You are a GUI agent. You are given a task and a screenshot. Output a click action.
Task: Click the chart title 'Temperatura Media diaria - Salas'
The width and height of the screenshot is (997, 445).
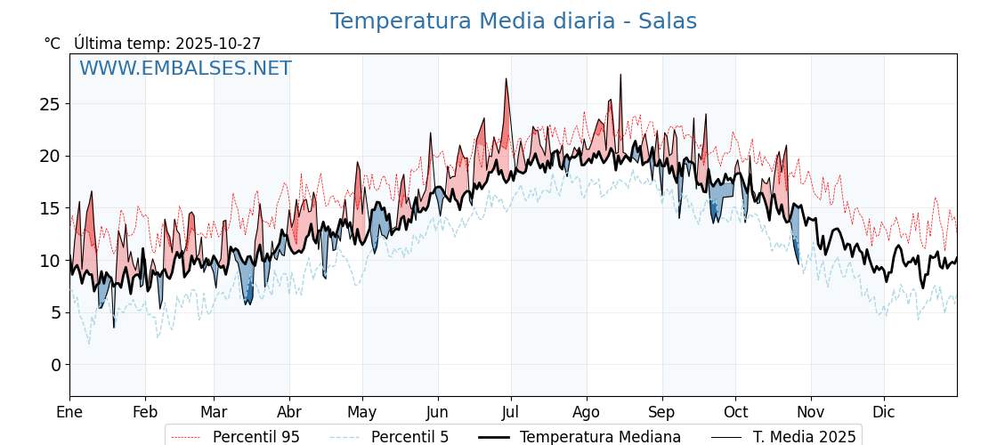(513, 21)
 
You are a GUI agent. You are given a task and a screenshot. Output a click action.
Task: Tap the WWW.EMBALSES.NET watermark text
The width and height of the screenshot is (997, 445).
(185, 69)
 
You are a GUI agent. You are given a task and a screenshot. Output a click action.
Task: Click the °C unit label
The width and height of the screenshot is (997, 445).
(53, 44)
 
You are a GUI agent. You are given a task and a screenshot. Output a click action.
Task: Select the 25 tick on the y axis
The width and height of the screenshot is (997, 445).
(50, 104)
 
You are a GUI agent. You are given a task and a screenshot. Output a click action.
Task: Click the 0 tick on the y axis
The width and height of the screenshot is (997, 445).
(55, 365)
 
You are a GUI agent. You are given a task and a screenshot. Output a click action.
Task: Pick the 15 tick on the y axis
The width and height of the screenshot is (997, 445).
(50, 208)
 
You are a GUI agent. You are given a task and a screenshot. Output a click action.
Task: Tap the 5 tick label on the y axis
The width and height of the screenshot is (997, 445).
(55, 312)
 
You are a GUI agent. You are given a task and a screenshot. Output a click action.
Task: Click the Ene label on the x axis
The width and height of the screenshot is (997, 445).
(69, 412)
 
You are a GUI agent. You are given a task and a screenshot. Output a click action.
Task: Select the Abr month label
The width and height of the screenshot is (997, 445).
(289, 412)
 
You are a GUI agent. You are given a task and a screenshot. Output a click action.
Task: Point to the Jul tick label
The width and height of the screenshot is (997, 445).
(511, 412)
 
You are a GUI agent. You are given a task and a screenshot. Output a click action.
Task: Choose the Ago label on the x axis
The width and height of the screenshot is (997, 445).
(587, 412)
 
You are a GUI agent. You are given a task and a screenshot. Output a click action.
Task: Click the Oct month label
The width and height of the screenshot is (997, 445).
(735, 412)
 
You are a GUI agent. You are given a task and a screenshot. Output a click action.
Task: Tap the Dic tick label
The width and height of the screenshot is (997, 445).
(884, 412)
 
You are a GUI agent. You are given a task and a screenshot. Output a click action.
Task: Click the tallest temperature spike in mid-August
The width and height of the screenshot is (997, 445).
(620, 76)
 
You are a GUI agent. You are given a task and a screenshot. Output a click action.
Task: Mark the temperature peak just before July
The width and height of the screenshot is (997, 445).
(507, 79)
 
